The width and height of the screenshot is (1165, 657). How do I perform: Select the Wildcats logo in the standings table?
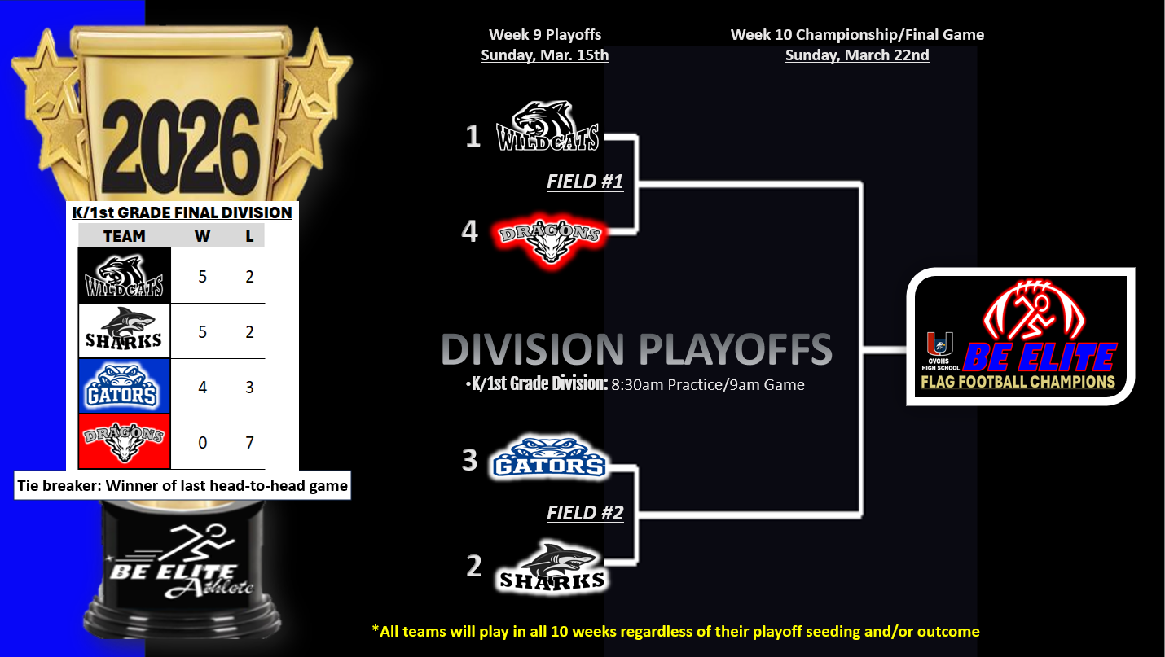coord(125,275)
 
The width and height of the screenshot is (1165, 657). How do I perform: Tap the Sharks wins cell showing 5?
coord(202,331)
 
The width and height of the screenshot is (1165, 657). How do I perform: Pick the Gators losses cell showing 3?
coord(249,388)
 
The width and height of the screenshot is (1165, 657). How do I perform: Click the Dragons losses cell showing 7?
coord(249,442)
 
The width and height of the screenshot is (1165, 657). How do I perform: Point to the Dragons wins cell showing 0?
coord(202,442)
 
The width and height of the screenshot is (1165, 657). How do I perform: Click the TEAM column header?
coord(125,236)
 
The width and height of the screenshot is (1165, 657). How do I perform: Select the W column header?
coord(202,236)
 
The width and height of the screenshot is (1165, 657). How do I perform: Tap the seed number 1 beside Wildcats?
coord(473,136)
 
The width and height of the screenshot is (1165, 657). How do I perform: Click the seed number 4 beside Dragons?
coord(469,231)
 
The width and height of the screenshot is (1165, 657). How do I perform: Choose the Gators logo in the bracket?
coord(549,458)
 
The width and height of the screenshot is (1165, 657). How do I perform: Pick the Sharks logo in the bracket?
coord(552,567)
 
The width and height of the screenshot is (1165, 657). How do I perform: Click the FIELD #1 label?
coord(585,182)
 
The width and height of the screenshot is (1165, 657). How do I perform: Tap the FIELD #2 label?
coord(585,513)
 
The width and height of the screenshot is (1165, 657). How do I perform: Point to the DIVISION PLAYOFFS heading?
coord(636,349)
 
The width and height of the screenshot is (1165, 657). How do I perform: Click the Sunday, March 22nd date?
coord(857,55)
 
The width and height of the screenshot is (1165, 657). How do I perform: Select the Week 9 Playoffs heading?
coord(545,35)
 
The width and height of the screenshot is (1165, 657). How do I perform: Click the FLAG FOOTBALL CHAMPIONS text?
coord(1018,382)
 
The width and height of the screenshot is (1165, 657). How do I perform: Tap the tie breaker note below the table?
coord(182,485)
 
